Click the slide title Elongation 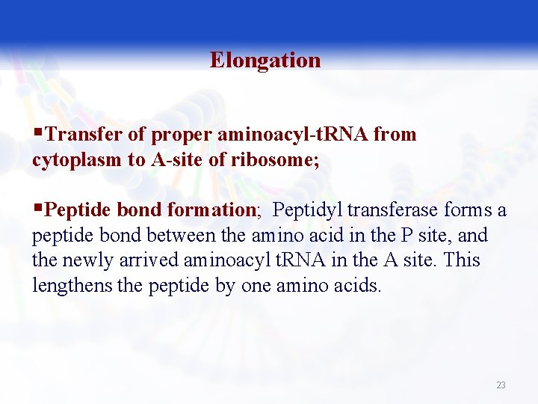click(265, 60)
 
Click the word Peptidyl click(309, 210)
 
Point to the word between click(177, 236)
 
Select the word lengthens click(72, 286)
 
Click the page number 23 click(501, 385)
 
